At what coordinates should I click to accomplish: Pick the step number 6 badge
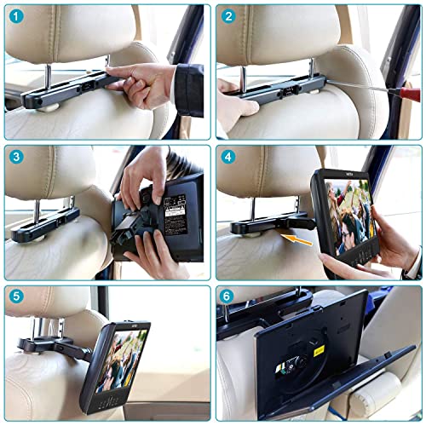point(228,298)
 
